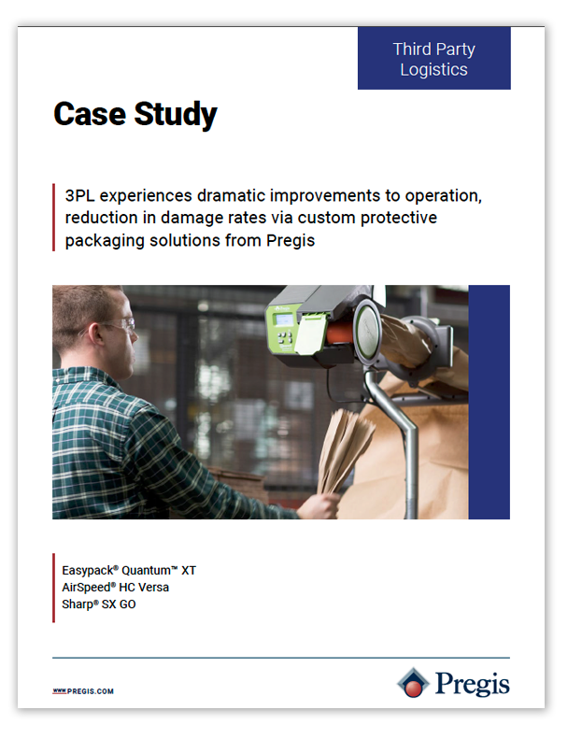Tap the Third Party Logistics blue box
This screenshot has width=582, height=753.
point(433,58)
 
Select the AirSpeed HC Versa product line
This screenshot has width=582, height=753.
point(115,587)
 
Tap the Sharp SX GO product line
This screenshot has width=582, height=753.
point(98,604)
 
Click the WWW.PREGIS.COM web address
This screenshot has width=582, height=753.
point(83,691)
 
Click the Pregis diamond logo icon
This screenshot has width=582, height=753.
point(412,683)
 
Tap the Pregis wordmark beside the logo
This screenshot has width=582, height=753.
point(472,684)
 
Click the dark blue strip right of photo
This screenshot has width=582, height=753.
point(489,402)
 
